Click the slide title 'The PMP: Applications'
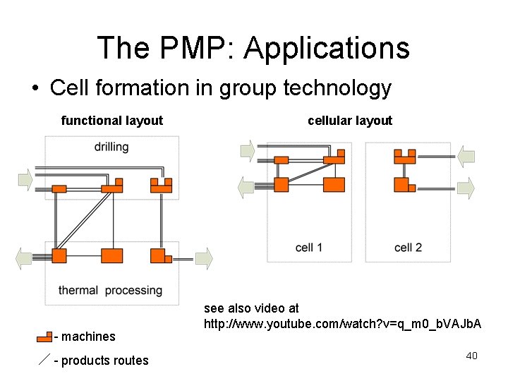point(253,47)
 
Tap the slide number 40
point(472,356)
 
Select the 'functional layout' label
point(112,121)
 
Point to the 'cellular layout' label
point(350,121)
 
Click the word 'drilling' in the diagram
point(111,147)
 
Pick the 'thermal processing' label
point(110,290)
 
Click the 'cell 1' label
point(309,248)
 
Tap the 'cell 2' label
point(408,248)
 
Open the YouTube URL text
point(342,324)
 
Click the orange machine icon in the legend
point(44,336)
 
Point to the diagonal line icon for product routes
point(44,361)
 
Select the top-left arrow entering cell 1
point(248,151)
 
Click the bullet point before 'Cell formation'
point(35,89)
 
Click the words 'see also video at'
point(251,308)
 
